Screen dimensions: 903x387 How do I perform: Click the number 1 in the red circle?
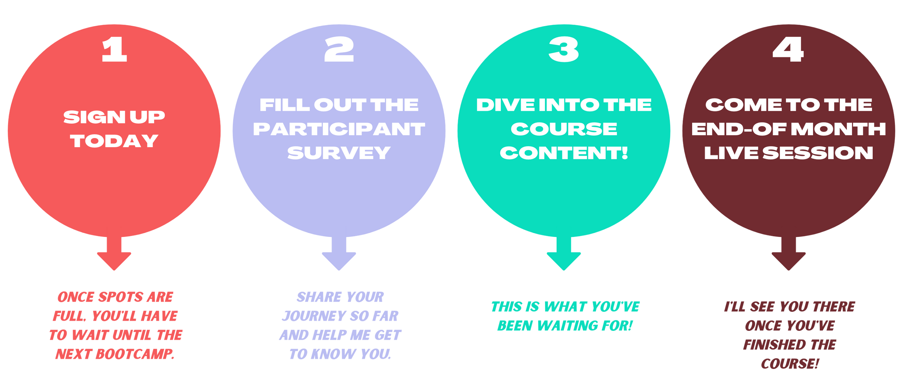click(x=114, y=50)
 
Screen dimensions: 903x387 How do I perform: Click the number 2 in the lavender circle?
click(x=339, y=50)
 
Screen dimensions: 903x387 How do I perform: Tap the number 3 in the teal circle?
click(x=564, y=50)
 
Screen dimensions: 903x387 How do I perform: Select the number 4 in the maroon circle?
click(x=788, y=50)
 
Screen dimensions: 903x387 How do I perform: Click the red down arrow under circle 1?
click(x=114, y=256)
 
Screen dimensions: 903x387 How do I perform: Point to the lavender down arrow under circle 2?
click(x=339, y=256)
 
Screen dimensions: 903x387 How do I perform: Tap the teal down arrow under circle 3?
click(x=564, y=256)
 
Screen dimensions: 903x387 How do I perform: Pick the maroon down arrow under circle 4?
click(x=788, y=256)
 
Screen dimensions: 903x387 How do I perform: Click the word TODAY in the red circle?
click(x=114, y=141)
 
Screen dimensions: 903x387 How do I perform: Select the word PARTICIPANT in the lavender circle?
click(x=339, y=129)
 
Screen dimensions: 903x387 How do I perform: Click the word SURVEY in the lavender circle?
click(x=339, y=153)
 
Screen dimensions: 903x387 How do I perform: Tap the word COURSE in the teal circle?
click(x=564, y=129)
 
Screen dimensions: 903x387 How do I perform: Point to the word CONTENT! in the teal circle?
click(x=564, y=153)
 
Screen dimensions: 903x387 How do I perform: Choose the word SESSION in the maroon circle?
click(x=818, y=153)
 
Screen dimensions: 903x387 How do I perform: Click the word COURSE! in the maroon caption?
click(x=790, y=364)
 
